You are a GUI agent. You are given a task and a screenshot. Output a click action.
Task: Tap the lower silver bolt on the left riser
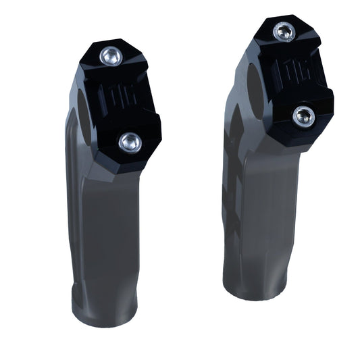[129, 141]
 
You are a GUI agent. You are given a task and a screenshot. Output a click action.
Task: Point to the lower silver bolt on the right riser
[304, 117]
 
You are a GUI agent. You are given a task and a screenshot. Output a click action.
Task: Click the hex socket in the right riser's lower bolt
[304, 117]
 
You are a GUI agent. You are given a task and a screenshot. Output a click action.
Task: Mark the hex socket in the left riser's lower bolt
[129, 141]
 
